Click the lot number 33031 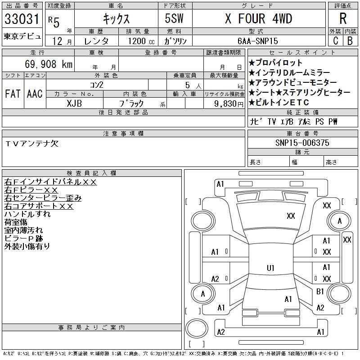coord(22,19)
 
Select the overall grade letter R coord(343,18)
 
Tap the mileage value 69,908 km coord(49,64)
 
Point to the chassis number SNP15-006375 coord(302,143)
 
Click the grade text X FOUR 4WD coord(258,18)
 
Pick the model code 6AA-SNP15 coord(257,41)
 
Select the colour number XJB coord(74,103)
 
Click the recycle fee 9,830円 coord(229,104)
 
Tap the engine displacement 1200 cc coord(141,41)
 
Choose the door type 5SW coord(174,18)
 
